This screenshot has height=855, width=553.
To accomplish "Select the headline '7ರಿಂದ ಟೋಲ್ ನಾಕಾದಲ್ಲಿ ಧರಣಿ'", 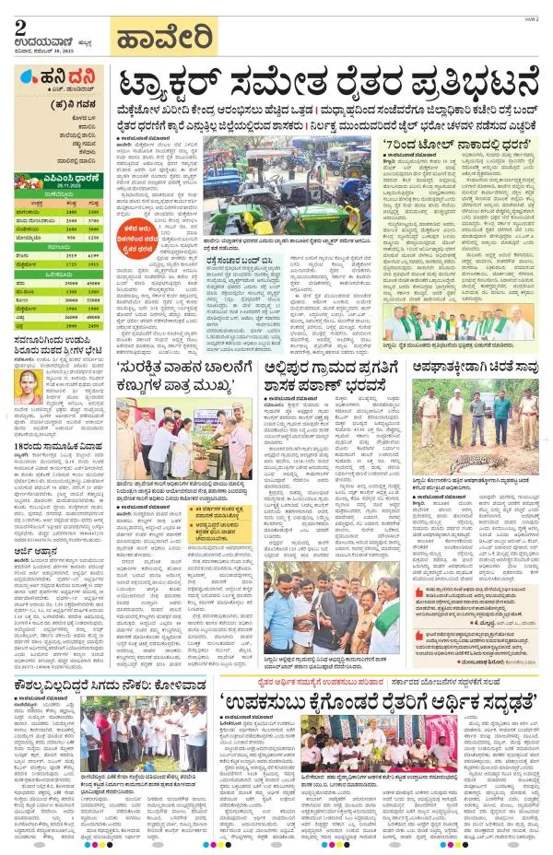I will click(447, 143).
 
